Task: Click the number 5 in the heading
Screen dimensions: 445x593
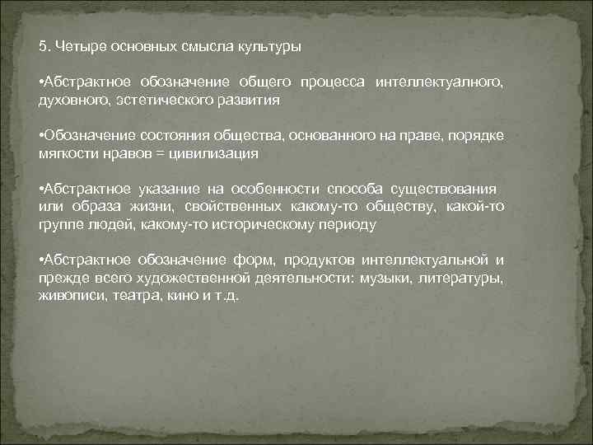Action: tap(43, 46)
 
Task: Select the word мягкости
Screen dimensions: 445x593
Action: tap(64, 152)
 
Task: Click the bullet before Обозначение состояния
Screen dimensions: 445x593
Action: tap(41, 136)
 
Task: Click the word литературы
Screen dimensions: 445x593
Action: tap(466, 278)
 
